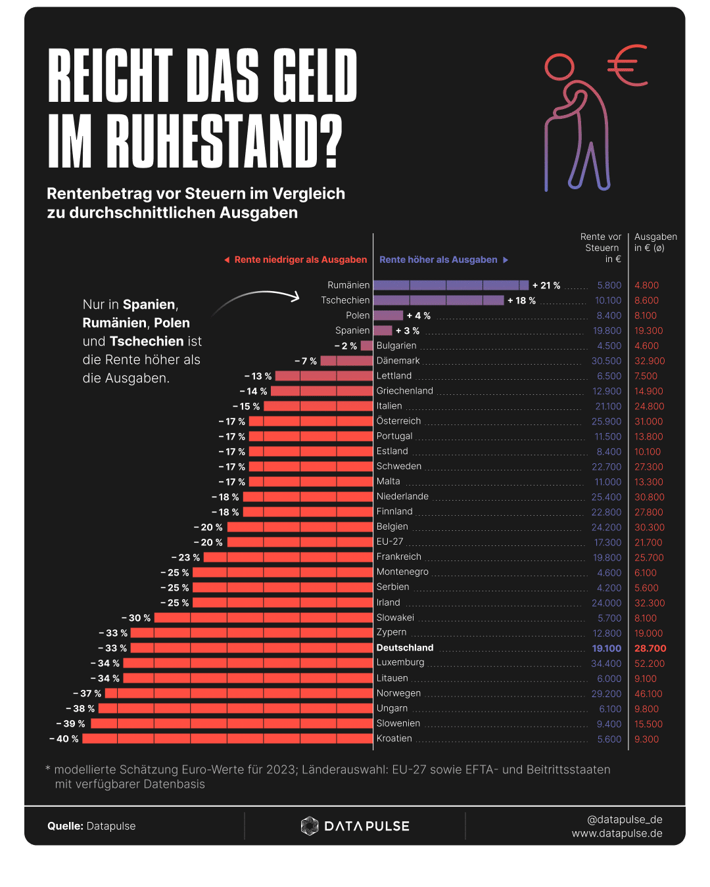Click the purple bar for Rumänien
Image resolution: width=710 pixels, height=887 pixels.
(451, 285)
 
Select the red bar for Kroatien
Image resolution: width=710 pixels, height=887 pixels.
(227, 739)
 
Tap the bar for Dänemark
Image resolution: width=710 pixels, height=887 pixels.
(346, 361)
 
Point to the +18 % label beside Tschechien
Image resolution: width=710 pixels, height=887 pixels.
(521, 300)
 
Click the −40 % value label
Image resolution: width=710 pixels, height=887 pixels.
(64, 739)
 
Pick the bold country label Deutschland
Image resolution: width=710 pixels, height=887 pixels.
(405, 648)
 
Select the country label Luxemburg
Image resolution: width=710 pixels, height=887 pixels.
(400, 662)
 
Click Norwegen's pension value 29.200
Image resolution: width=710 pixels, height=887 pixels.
(606, 693)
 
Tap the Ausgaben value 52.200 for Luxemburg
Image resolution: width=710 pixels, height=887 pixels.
(649, 664)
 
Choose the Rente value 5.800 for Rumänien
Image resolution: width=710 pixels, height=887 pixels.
(609, 285)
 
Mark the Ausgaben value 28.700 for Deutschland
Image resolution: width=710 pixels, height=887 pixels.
(650, 648)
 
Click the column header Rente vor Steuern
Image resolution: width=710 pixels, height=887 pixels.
(602, 248)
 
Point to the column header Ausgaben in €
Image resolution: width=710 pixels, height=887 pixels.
(655, 242)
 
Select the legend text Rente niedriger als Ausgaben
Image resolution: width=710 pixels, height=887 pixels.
(300, 260)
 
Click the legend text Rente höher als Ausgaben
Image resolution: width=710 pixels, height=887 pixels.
(438, 260)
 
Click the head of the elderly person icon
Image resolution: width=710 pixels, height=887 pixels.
(559, 67)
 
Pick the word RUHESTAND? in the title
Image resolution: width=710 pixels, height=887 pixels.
(224, 142)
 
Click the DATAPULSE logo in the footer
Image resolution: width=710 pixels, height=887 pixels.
(355, 826)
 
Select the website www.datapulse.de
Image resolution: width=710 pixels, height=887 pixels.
(617, 833)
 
